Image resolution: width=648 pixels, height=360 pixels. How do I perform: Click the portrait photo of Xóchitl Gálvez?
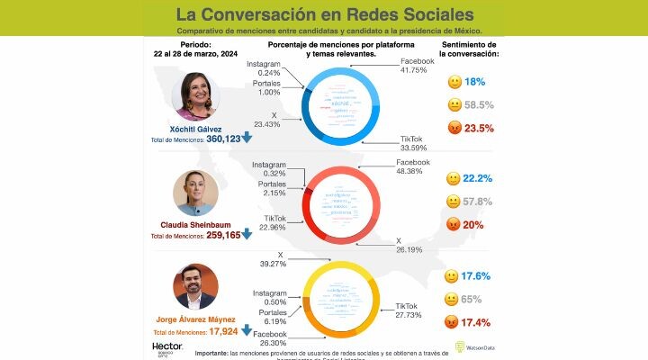pos(195,97)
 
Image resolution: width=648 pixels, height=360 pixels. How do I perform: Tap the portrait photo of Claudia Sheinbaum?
pos(195,193)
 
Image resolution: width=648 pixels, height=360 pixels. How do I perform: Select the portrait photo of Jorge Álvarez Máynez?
pos(195,287)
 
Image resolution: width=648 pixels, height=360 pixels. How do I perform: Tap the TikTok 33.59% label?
pos(418,143)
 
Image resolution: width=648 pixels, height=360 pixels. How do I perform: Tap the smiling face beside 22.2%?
pos(454,180)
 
